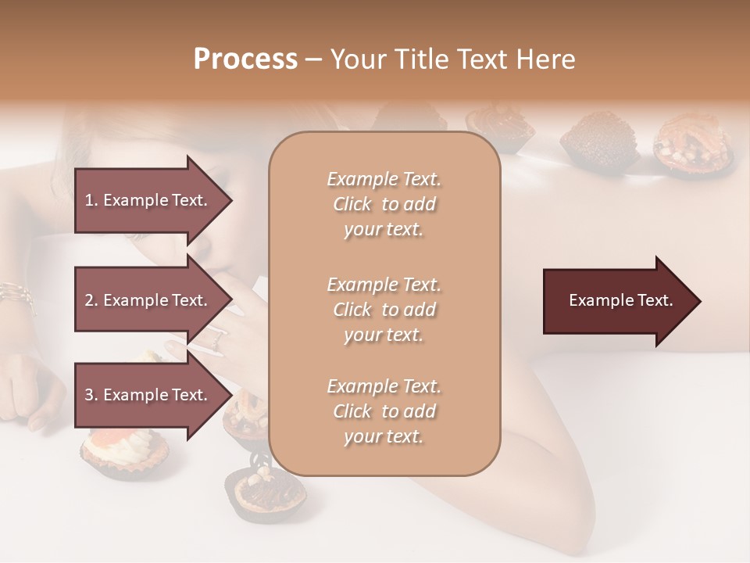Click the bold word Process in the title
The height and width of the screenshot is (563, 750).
[245, 59]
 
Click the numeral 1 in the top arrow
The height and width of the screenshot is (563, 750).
[89, 200]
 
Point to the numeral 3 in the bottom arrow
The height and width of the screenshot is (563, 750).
[89, 395]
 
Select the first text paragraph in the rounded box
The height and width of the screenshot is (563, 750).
[384, 204]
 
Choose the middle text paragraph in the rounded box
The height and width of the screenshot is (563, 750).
[384, 310]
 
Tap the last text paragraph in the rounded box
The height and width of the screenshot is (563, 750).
[384, 411]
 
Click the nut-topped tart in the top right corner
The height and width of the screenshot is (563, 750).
[691, 141]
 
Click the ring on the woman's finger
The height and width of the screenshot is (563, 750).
[216, 339]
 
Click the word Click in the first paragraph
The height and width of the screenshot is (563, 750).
[352, 204]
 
